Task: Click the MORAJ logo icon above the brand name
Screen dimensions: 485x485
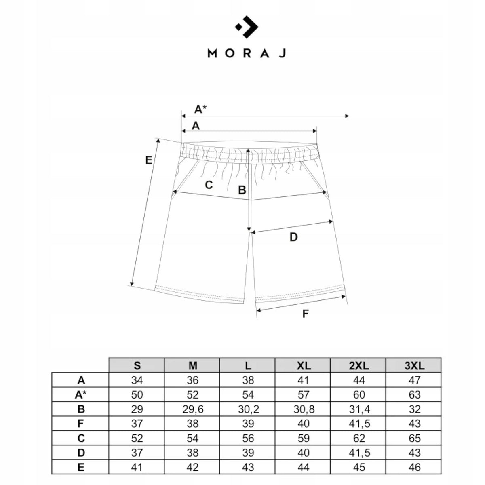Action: pyautogui.click(x=247, y=27)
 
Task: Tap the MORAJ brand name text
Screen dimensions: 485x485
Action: pyautogui.click(x=247, y=53)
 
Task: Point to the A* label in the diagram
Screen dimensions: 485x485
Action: pyautogui.click(x=200, y=109)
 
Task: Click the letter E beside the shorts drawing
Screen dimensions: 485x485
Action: pyautogui.click(x=149, y=160)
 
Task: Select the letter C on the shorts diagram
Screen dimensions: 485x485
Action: pyautogui.click(x=209, y=185)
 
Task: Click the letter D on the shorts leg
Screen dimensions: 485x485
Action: pyautogui.click(x=293, y=237)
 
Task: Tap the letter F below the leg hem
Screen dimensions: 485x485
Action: pyautogui.click(x=305, y=314)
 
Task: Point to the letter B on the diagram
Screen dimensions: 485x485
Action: pyautogui.click(x=242, y=190)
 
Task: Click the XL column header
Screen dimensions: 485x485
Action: pyautogui.click(x=304, y=366)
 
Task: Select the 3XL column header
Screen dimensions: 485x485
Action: pyautogui.click(x=415, y=366)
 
